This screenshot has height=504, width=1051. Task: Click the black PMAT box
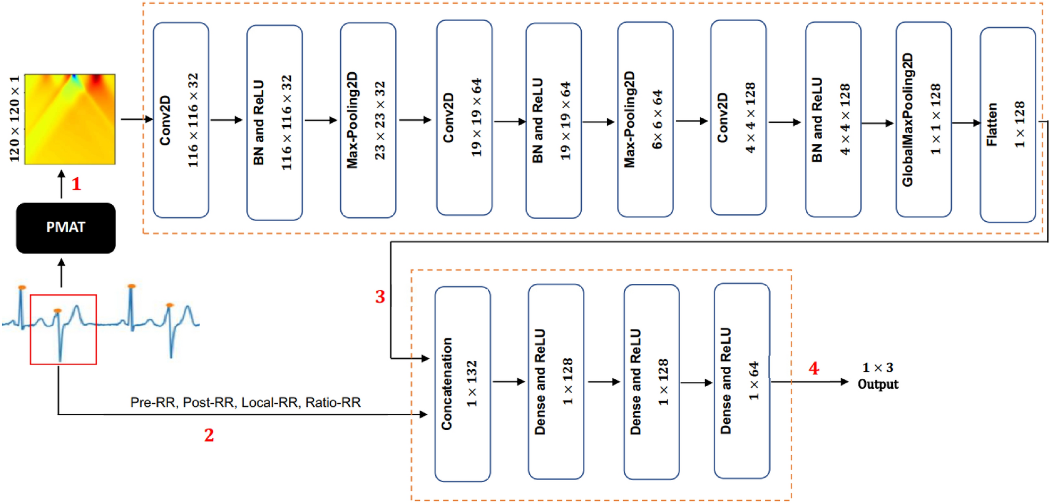tap(66, 228)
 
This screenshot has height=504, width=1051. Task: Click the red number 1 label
tap(76, 184)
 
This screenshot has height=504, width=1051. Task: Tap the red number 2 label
tap(209, 435)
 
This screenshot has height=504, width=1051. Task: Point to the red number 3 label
tap(380, 297)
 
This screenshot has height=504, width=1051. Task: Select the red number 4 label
tap(813, 368)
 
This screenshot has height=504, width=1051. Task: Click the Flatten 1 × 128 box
tap(1007, 125)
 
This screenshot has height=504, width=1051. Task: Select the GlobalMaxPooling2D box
tap(923, 119)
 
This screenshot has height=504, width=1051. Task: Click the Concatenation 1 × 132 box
tap(462, 384)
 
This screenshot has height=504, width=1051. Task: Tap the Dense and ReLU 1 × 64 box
tap(742, 381)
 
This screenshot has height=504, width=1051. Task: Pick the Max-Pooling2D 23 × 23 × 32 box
tap(367, 120)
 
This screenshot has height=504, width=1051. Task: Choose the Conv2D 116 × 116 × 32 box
tap(180, 120)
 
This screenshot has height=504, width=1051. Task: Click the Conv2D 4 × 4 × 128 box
tap(738, 118)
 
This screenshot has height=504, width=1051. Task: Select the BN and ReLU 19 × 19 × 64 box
tap(553, 120)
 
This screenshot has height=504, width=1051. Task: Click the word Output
tap(877, 384)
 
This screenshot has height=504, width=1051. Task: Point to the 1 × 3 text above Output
tap(877, 367)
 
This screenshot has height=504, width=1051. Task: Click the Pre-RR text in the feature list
tap(153, 403)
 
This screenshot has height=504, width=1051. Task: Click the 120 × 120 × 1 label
tap(14, 119)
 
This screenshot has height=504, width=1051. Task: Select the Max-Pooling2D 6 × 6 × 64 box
tap(645, 119)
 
